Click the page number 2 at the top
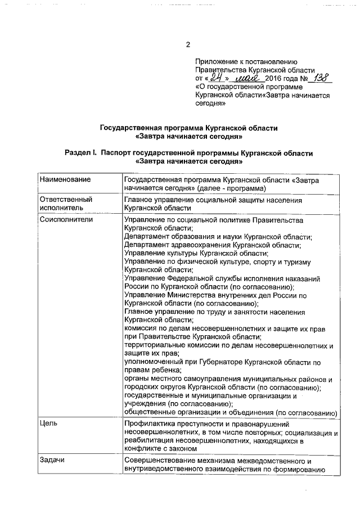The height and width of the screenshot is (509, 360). point(188,45)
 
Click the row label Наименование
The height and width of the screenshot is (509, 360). point(65,179)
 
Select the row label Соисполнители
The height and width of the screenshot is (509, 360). point(66,219)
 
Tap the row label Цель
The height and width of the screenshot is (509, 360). point(48,422)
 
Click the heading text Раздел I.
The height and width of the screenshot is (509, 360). point(82,153)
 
